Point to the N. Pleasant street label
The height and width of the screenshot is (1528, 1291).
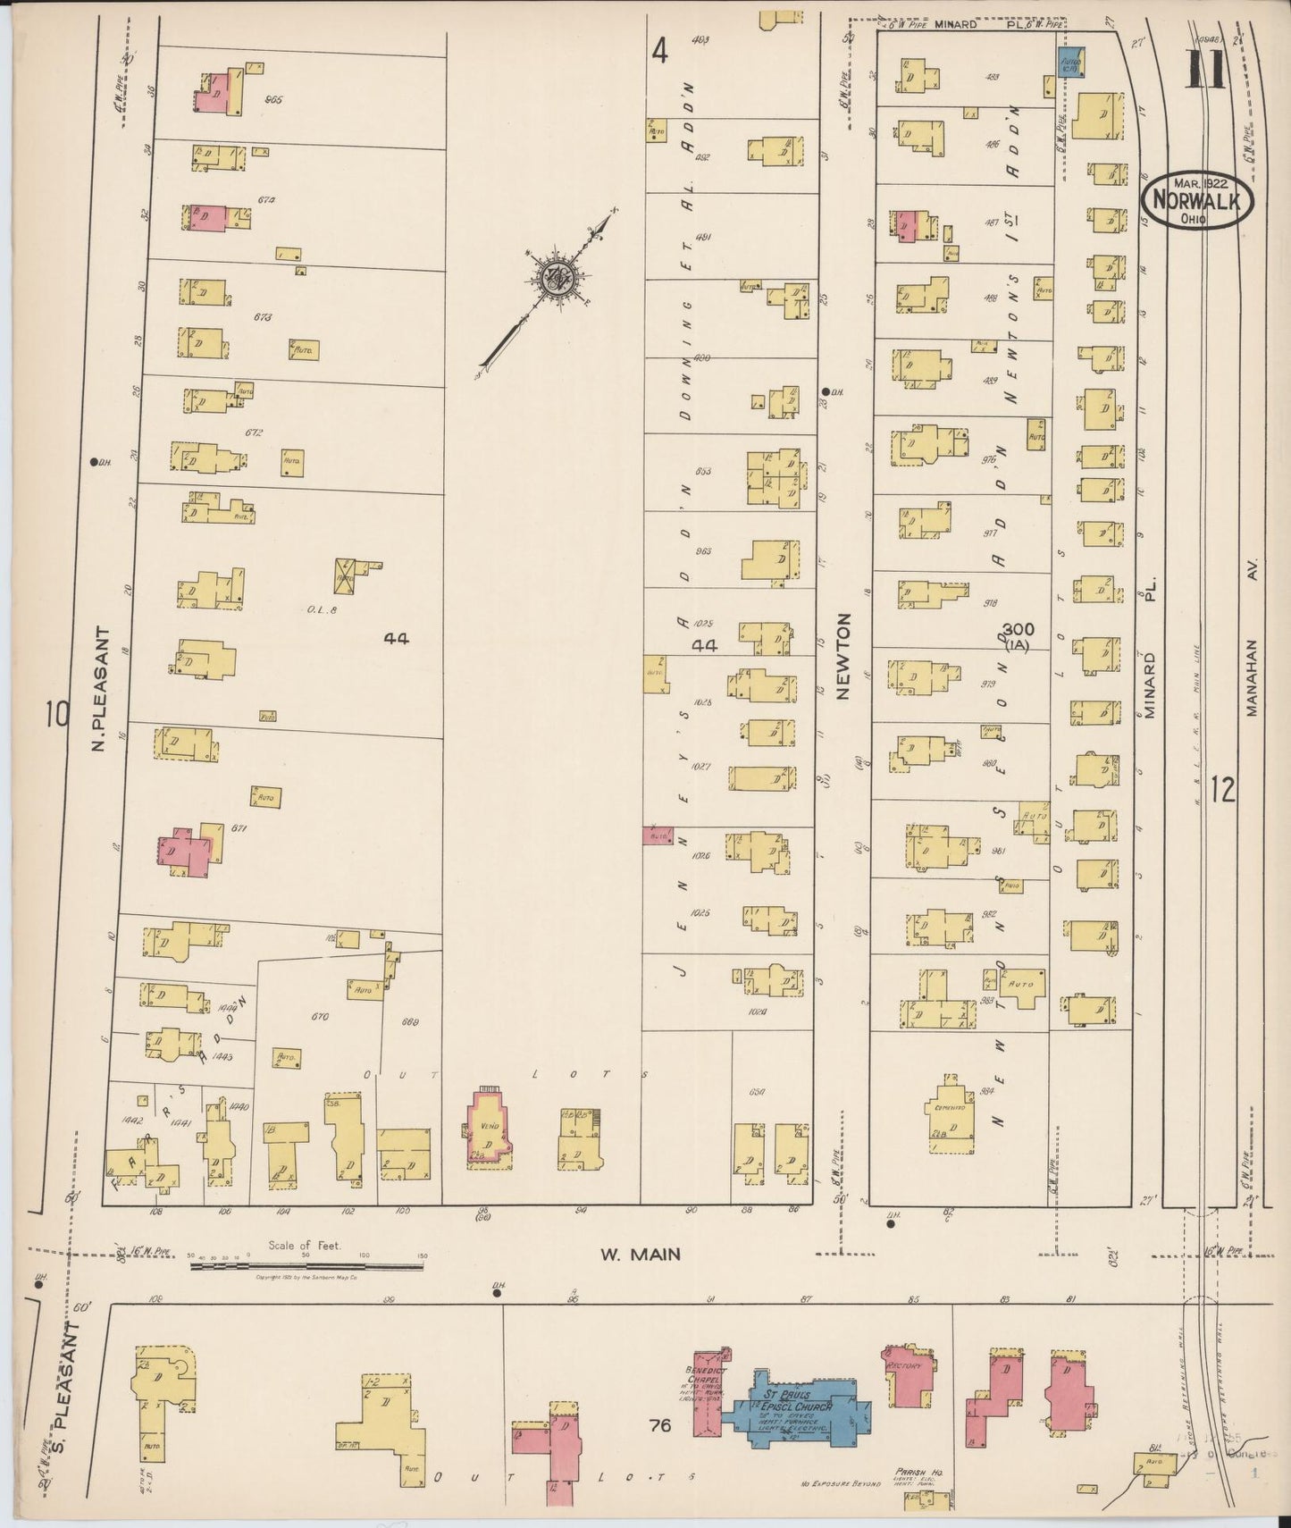tap(101, 688)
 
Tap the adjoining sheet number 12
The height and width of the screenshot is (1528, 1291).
tap(1222, 789)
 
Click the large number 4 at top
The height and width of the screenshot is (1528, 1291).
tap(659, 52)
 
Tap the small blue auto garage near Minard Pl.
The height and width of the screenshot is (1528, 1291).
tap(1071, 62)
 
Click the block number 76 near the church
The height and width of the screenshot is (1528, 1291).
tap(662, 1426)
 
